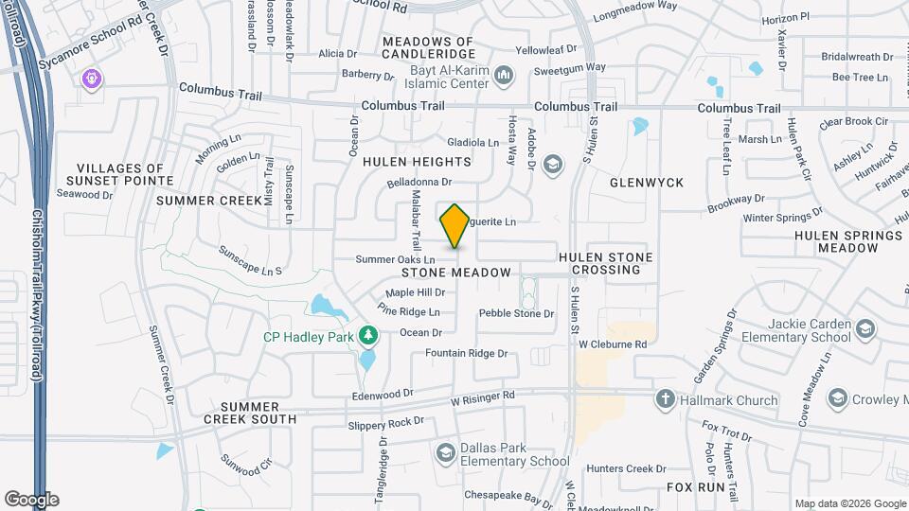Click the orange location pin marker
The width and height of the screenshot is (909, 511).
click(454, 225)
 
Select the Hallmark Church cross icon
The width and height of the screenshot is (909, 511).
click(667, 399)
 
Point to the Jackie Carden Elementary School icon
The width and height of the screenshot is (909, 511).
click(864, 329)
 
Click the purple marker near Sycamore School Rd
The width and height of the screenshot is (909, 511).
click(92, 78)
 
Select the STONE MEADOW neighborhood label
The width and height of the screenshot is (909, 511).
click(462, 273)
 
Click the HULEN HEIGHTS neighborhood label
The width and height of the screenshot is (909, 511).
click(417, 162)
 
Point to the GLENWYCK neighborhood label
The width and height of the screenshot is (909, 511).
click(647, 182)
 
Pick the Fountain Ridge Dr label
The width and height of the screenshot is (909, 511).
click(466, 353)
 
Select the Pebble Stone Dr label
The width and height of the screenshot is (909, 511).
click(516, 313)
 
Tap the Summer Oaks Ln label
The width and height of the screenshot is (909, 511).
click(395, 259)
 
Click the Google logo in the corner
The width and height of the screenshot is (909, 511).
click(31, 499)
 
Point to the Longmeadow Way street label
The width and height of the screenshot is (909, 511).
click(636, 10)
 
